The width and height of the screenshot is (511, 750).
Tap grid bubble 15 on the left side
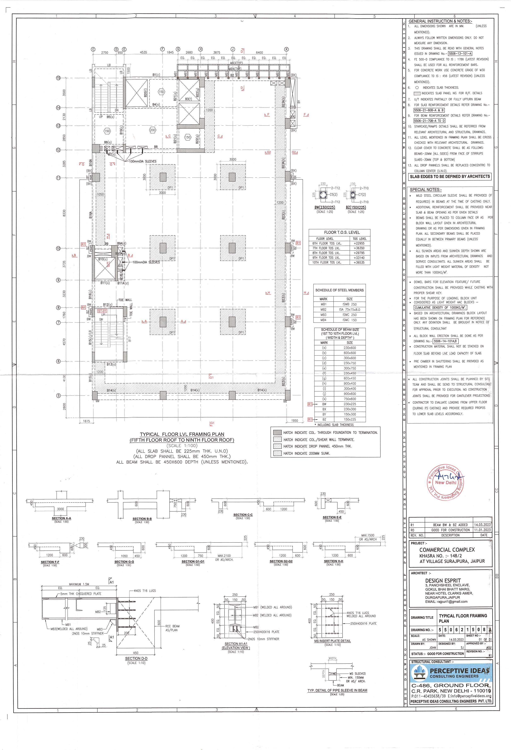[x=58, y=78]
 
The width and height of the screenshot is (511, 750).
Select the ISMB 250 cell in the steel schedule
[x=350, y=304]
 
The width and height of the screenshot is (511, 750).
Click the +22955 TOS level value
[x=359, y=243]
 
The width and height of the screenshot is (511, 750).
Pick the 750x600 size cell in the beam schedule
[x=350, y=399]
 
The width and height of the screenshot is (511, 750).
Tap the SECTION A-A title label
[x=61, y=518]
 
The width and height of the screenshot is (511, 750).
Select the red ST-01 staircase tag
[x=102, y=311]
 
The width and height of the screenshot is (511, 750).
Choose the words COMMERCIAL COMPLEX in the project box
[x=447, y=550]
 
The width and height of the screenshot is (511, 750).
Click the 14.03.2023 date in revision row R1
[x=482, y=525]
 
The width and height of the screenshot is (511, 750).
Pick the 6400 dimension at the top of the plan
[x=259, y=53]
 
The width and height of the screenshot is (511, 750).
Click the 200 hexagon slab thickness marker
[x=153, y=130]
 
